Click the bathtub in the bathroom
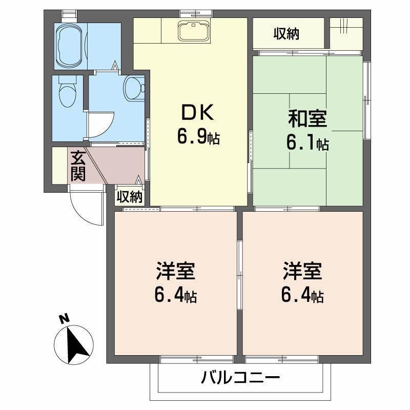(x=70, y=47)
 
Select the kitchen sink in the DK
(x=194, y=31)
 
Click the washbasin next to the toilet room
(x=134, y=88)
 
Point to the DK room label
(x=197, y=113)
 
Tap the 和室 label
(x=307, y=119)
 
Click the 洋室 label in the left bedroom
(x=175, y=271)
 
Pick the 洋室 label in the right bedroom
(x=302, y=271)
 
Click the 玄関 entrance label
(x=78, y=166)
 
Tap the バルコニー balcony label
(x=240, y=378)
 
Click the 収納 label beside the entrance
(x=130, y=197)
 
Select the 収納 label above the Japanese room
(x=286, y=34)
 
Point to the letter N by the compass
(x=64, y=319)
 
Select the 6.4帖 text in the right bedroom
(x=302, y=295)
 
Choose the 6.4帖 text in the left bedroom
(x=175, y=295)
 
